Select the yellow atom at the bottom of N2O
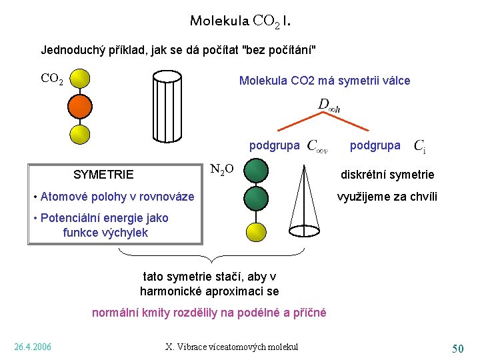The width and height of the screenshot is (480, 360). pos(256,231)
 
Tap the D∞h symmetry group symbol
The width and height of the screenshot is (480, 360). pos(329,105)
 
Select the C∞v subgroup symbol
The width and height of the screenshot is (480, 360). pos(316,146)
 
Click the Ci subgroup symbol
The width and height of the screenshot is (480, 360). pos(420,145)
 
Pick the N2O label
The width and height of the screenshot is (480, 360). pos(221,169)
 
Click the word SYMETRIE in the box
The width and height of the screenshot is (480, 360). pos(103,175)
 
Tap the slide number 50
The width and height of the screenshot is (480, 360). pos(457,348)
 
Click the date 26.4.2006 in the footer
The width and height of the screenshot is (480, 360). pos(33,347)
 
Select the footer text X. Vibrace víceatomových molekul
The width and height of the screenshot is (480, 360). pos(231,347)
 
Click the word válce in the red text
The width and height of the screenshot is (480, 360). pos(394,81)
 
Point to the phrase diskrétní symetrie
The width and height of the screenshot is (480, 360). pos(387,175)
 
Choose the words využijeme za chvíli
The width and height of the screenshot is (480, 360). pos(387,196)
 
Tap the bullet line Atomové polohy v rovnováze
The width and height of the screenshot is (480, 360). pos(114,196)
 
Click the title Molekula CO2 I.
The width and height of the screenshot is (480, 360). pos(239,21)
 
